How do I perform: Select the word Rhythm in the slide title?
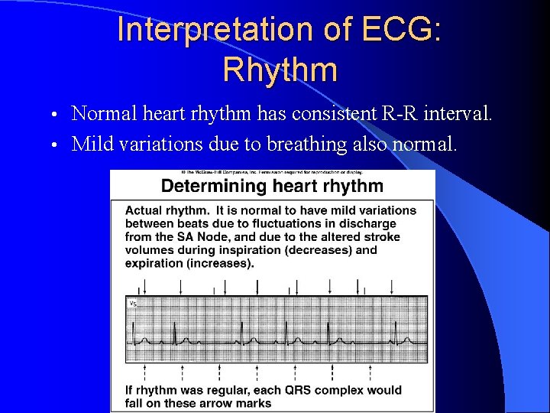point(280,70)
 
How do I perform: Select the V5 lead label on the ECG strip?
point(133,304)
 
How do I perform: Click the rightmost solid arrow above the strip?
point(393,286)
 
